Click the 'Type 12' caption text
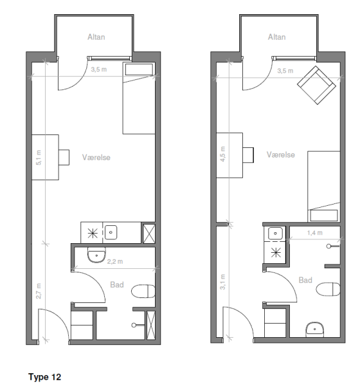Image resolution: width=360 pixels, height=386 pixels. point(44,377)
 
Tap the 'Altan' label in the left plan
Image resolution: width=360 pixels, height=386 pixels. point(96,37)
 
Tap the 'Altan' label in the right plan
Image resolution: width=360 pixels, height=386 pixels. point(277,37)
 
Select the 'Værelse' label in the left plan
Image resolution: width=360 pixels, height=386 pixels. point(96,158)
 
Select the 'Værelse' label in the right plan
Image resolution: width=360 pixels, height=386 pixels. point(281,154)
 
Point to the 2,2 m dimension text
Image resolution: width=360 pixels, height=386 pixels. point(115,261)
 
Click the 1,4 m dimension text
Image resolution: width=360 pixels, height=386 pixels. point(315,233)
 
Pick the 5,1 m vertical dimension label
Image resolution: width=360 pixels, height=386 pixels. point(39,158)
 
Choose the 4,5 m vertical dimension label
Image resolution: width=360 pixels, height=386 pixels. point(222,154)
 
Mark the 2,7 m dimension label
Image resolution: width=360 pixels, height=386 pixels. point(39,291)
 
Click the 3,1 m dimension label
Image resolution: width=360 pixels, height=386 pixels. point(222,282)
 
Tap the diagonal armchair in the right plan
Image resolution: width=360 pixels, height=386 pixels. point(317,85)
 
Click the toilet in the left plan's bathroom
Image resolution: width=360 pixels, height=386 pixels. point(143,291)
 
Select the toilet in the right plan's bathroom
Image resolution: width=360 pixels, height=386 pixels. point(328,289)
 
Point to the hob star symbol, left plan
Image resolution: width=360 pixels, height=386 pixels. point(93,233)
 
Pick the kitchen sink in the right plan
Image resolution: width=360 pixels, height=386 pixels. point(275,233)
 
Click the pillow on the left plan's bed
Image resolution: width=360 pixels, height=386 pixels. point(139,69)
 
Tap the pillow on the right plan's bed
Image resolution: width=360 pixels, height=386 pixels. point(324,216)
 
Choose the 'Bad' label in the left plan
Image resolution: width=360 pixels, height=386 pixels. point(117,285)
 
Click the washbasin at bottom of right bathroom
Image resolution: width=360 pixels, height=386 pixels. point(315,329)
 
